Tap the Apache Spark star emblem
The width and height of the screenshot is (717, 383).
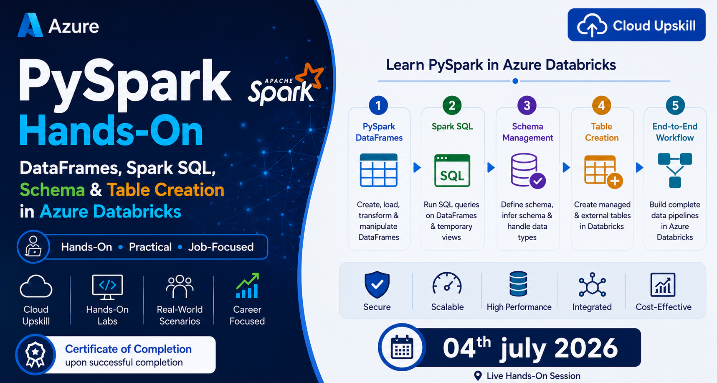click(x=309, y=76)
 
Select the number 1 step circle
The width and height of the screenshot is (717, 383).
click(x=378, y=105)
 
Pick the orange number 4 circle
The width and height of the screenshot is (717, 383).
click(x=601, y=105)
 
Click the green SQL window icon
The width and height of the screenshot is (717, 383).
click(x=452, y=171)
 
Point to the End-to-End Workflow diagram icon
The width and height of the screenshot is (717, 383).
click(x=675, y=170)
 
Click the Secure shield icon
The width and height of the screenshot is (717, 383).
click(x=377, y=285)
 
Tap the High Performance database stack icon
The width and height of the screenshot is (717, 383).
click(x=518, y=283)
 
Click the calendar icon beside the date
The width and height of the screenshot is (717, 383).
click(x=402, y=347)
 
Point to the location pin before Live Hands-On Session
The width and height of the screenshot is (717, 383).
click(x=478, y=376)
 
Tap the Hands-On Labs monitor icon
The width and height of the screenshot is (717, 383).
click(x=107, y=287)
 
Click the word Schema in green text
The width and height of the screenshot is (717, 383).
click(x=52, y=190)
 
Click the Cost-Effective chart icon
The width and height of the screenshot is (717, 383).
click(x=663, y=285)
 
